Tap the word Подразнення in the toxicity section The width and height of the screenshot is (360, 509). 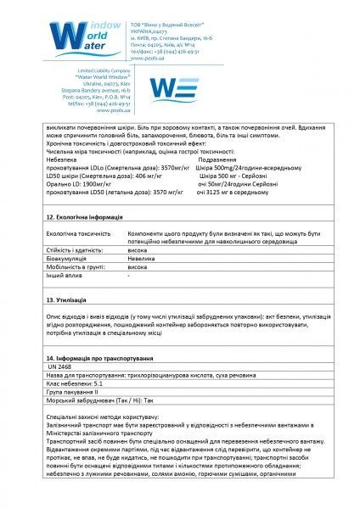[217, 159]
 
